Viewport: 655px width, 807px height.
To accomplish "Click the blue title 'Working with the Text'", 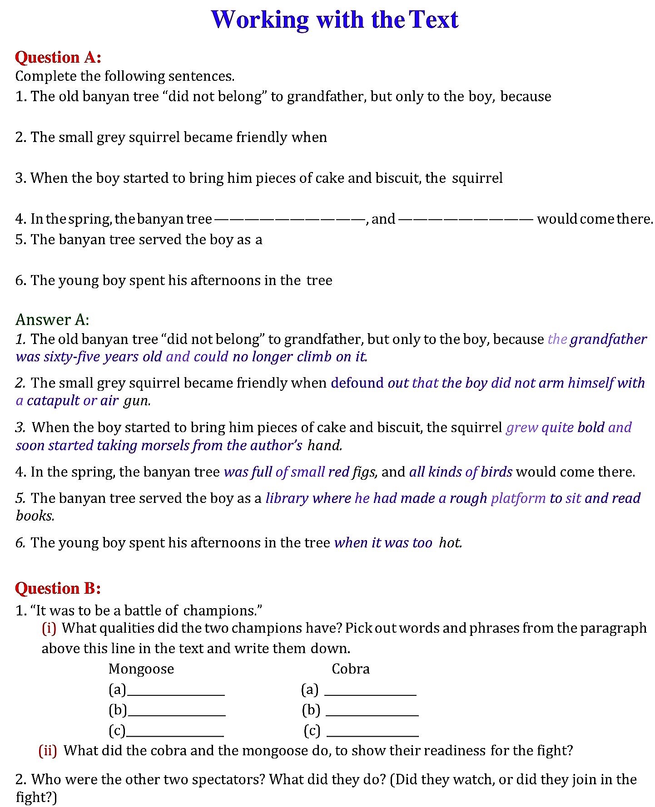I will tap(335, 20).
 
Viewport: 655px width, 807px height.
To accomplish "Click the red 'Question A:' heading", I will tap(58, 58).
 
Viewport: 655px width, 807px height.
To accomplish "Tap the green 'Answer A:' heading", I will tap(52, 320).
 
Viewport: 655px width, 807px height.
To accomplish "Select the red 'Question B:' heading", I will tap(58, 588).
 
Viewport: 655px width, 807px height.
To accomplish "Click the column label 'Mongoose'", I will tap(141, 669).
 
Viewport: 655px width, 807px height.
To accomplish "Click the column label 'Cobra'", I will tap(351, 669).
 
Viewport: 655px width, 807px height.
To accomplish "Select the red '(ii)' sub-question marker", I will tap(48, 751).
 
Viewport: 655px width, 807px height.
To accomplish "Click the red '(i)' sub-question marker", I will tap(49, 628).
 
